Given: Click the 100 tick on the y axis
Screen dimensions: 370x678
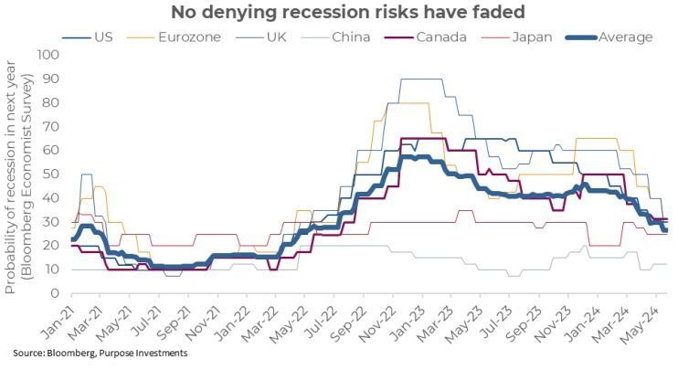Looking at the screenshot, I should click(x=48, y=56).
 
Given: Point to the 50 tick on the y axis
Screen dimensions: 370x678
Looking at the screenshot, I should click(x=51, y=174).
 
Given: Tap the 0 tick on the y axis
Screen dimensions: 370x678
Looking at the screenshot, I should click(x=55, y=293).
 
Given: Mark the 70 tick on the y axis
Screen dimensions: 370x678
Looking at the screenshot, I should click(x=51, y=127).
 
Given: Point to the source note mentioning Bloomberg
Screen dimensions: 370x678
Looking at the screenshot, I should click(x=101, y=353).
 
